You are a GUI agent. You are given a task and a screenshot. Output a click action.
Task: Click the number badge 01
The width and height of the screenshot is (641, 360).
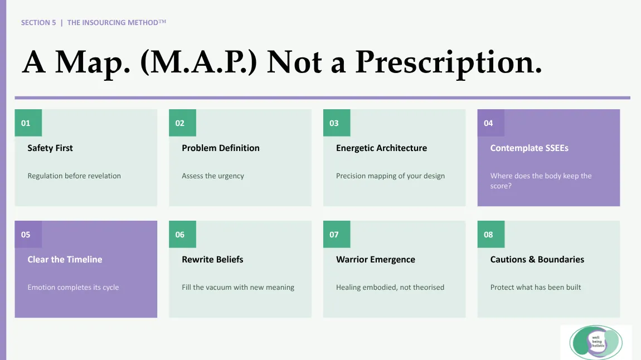pyautogui.click(x=28, y=123)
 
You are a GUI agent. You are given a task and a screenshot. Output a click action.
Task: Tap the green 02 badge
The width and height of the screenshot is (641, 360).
pyautogui.click(x=182, y=123)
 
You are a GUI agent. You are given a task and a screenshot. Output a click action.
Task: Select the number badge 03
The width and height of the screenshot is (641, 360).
pyautogui.click(x=337, y=123)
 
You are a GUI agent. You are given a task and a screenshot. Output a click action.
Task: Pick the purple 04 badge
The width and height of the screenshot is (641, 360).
pyautogui.click(x=491, y=123)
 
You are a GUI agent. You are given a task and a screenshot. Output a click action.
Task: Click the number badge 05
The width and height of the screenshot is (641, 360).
pyautogui.click(x=28, y=234)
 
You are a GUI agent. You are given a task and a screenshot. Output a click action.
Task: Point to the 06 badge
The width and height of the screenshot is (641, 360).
pyautogui.click(x=182, y=234)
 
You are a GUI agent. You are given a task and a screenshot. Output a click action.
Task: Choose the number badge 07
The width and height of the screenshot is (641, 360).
pyautogui.click(x=337, y=234)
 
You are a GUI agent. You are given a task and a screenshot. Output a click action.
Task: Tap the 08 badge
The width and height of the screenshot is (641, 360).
pyautogui.click(x=491, y=234)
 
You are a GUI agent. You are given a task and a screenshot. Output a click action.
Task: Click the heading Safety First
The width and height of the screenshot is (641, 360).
pyautogui.click(x=50, y=148)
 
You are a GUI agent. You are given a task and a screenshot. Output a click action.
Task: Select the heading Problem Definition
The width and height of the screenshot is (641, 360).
pyautogui.click(x=221, y=148)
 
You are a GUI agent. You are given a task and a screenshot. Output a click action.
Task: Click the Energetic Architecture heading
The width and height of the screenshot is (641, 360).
pyautogui.click(x=381, y=148)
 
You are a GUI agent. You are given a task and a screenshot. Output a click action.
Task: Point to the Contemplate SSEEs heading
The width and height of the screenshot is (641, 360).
pyautogui.click(x=530, y=148)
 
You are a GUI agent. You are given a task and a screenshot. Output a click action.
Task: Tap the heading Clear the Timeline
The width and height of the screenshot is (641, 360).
pyautogui.click(x=65, y=260)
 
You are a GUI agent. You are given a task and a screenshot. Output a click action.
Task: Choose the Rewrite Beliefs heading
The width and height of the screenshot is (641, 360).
pyautogui.click(x=212, y=260)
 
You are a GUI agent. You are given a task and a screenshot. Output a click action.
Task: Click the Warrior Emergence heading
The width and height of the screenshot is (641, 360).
pyautogui.click(x=376, y=260)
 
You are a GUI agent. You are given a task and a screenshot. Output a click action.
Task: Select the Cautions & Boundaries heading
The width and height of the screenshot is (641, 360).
pyautogui.click(x=537, y=260)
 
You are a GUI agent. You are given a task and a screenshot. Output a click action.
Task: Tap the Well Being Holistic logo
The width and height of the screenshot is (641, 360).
pyautogui.click(x=596, y=342)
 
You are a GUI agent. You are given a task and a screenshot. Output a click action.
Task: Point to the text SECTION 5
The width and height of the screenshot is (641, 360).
pyautogui.click(x=38, y=22)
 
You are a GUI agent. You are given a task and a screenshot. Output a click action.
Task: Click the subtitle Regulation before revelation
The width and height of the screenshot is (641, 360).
pyautogui.click(x=74, y=176)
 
